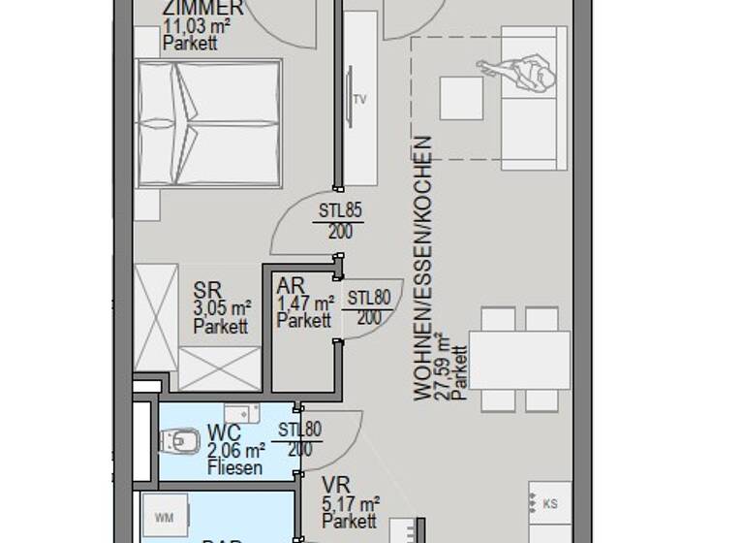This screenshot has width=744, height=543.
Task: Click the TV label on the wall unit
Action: tap(360, 99)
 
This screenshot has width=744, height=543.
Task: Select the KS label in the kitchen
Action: tap(550, 504)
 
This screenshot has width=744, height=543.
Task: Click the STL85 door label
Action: tap(338, 209)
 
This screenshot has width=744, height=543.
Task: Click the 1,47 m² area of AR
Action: tap(305, 303)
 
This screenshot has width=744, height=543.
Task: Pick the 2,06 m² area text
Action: tap(236, 451)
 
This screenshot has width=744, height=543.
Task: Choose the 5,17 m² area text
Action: tap(350, 504)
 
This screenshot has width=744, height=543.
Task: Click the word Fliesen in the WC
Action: tap(234, 468)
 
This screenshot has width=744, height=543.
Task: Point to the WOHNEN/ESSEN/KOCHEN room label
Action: tap(422, 268)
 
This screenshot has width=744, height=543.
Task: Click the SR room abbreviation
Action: tap(207, 290)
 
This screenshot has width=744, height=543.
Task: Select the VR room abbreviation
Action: tap(338, 485)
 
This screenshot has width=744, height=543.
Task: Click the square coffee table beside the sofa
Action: tap(461, 97)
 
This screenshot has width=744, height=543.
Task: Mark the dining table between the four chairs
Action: tap(513, 360)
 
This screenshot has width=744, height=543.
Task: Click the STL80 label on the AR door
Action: tap(368, 298)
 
